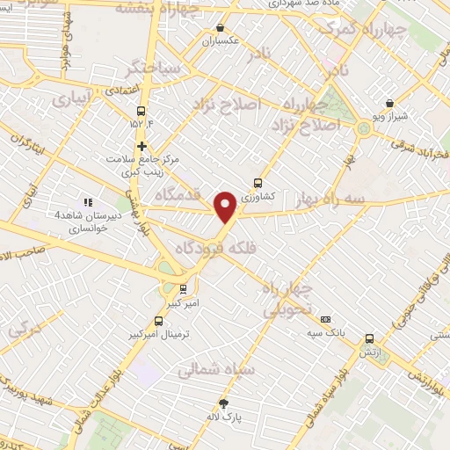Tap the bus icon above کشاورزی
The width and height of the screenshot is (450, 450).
[258, 183]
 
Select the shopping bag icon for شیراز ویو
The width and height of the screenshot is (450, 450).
[389, 103]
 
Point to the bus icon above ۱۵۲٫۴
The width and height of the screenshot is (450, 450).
[141, 109]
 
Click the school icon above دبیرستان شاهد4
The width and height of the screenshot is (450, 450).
[86, 201]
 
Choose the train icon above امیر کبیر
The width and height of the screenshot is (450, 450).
[183, 288]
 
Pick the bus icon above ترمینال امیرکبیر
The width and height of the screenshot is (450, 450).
[158, 321]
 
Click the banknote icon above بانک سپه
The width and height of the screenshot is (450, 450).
[325, 319]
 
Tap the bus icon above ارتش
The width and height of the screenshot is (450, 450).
[368, 337]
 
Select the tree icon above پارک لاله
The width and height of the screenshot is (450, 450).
[224, 403]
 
